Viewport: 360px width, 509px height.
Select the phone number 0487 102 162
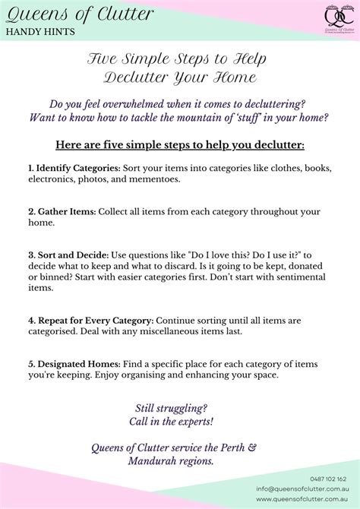(328, 479)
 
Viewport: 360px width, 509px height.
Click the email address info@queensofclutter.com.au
(301, 489)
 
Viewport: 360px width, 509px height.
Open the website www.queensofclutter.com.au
(301, 499)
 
